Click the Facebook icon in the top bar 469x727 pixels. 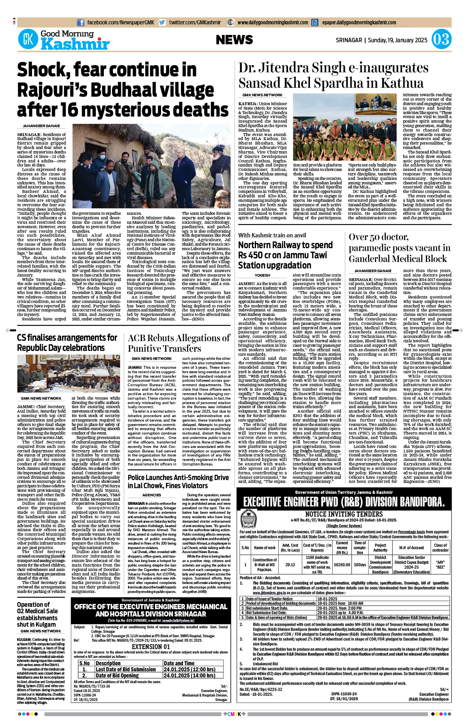(81, 23)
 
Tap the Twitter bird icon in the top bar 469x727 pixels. (162, 23)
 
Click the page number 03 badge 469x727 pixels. (441, 40)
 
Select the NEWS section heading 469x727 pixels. (234, 40)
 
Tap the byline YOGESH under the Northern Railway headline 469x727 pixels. (262, 275)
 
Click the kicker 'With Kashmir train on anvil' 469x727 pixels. (272, 235)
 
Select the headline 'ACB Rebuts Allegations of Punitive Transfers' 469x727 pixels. (179, 343)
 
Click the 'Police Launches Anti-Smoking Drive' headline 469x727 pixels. (178, 481)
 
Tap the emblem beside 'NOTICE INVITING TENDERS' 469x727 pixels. (249, 519)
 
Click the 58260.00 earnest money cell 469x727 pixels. (342, 565)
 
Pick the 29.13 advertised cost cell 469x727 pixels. (290, 565)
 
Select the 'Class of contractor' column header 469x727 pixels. (440, 547)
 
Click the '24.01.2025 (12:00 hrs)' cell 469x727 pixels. (189, 669)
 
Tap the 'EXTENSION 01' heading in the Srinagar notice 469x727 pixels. (151, 647)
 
